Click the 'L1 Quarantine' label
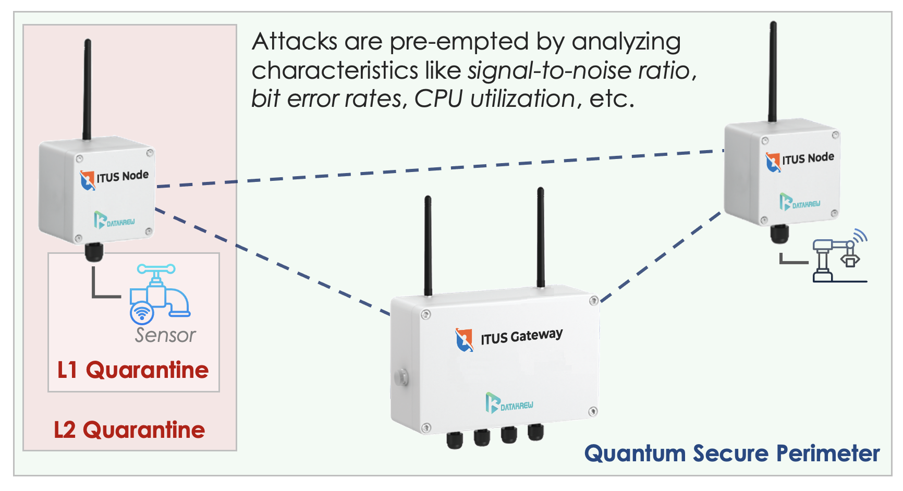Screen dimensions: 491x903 (133, 370)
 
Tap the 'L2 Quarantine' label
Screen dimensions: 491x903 (129, 430)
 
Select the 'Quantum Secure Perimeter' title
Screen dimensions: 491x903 (732, 453)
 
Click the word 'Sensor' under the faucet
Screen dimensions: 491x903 (165, 335)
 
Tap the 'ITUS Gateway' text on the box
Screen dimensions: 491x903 (521, 337)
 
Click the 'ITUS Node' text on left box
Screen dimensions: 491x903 (123, 176)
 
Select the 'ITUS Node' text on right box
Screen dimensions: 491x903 (808, 158)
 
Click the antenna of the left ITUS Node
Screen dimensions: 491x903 (87, 89)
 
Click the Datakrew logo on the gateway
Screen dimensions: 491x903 (509, 403)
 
